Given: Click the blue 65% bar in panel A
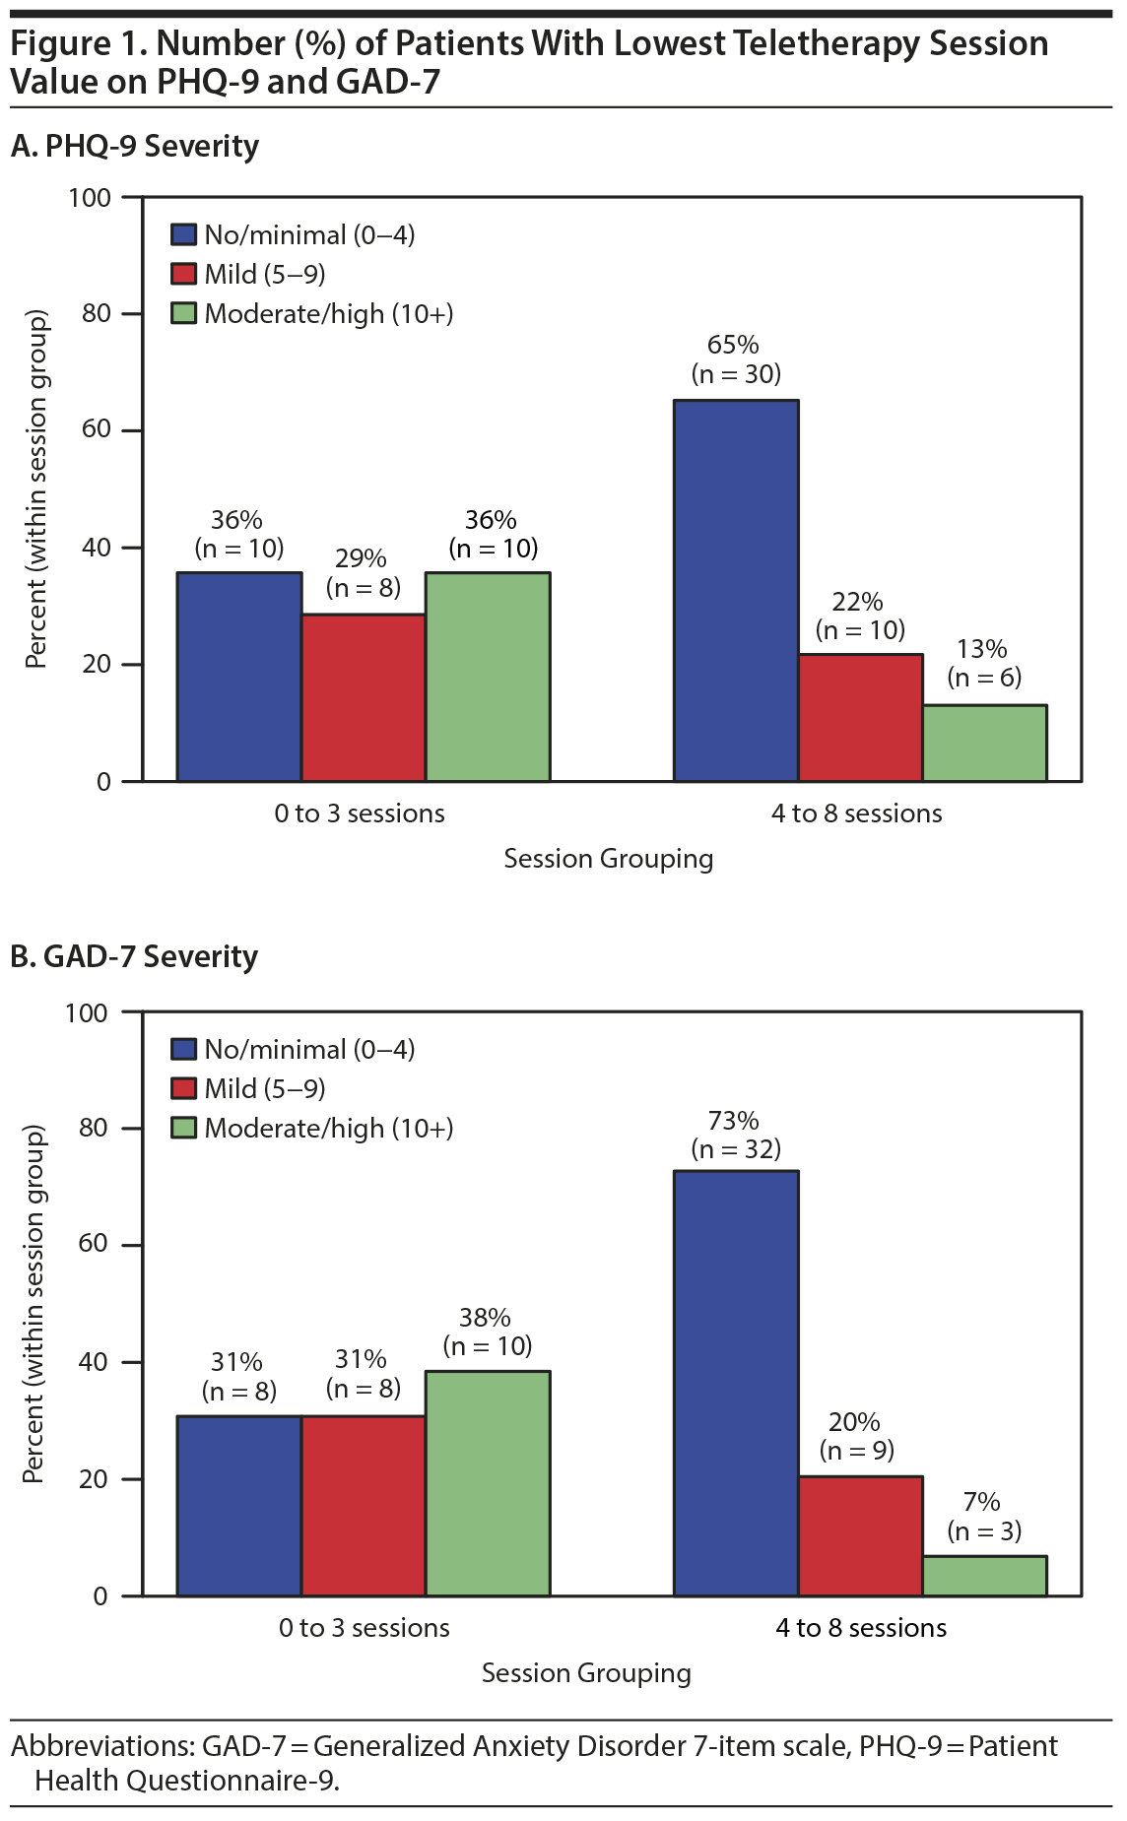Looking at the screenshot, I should click(736, 590).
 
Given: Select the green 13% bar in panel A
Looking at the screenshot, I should click(984, 743).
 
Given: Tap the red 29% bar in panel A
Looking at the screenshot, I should click(364, 697).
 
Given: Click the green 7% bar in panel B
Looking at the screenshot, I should click(984, 1576).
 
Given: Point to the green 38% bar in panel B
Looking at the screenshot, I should click(488, 1482).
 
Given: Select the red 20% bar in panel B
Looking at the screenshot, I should click(860, 1535).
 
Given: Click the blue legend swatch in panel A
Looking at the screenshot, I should click(183, 234).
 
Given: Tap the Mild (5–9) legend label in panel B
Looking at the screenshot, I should click(264, 1088).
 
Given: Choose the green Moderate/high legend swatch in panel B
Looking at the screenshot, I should click(183, 1128).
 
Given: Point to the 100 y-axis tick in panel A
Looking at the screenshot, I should click(90, 198).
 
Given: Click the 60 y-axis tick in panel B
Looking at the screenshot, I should click(93, 1244).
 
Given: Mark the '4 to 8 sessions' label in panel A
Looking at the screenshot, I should click(856, 813).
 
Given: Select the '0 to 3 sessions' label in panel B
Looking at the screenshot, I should click(364, 1628).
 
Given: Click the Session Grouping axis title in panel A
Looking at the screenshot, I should click(608, 859).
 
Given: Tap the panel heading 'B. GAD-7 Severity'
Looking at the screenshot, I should click(134, 956).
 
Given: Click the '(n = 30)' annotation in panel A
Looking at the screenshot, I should click(736, 374).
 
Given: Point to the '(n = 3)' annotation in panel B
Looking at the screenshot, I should click(984, 1531).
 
